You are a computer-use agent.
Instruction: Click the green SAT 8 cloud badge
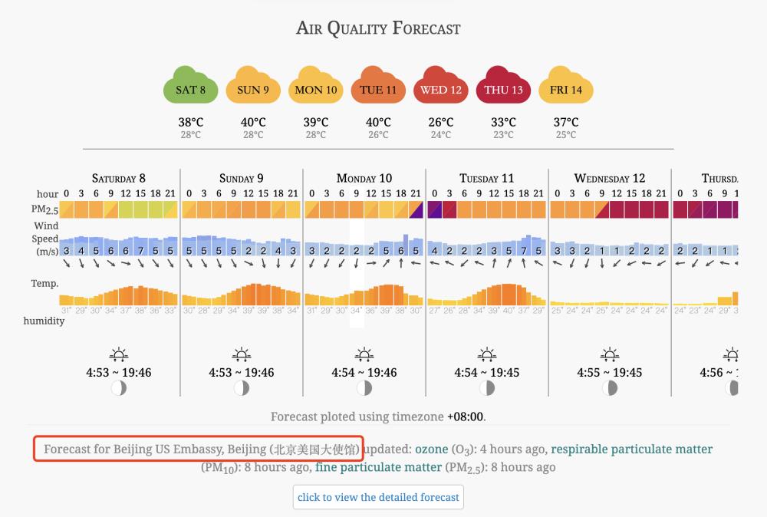click(190, 89)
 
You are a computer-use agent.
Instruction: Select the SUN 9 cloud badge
click(253, 89)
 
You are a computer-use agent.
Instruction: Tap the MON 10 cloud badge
click(316, 89)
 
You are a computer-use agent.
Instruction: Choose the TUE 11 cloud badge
click(378, 89)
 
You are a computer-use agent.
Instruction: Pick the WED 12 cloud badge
click(441, 89)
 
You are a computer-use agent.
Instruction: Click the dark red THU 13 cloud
click(504, 89)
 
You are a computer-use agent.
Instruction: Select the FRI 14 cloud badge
click(566, 89)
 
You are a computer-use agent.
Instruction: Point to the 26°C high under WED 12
click(441, 122)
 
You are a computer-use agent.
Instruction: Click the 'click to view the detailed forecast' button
click(378, 497)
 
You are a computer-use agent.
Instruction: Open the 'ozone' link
click(431, 449)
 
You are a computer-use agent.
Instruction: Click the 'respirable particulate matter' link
click(631, 449)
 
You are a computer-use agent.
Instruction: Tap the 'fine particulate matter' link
click(378, 466)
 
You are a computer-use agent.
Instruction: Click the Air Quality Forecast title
click(378, 29)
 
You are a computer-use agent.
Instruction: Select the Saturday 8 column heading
click(118, 179)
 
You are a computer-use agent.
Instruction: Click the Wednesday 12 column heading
click(610, 179)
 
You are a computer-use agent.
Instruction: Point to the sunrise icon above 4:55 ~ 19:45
click(610, 356)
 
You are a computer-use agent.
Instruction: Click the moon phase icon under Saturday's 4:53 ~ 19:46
click(118, 388)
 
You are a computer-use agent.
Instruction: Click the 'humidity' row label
click(44, 321)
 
